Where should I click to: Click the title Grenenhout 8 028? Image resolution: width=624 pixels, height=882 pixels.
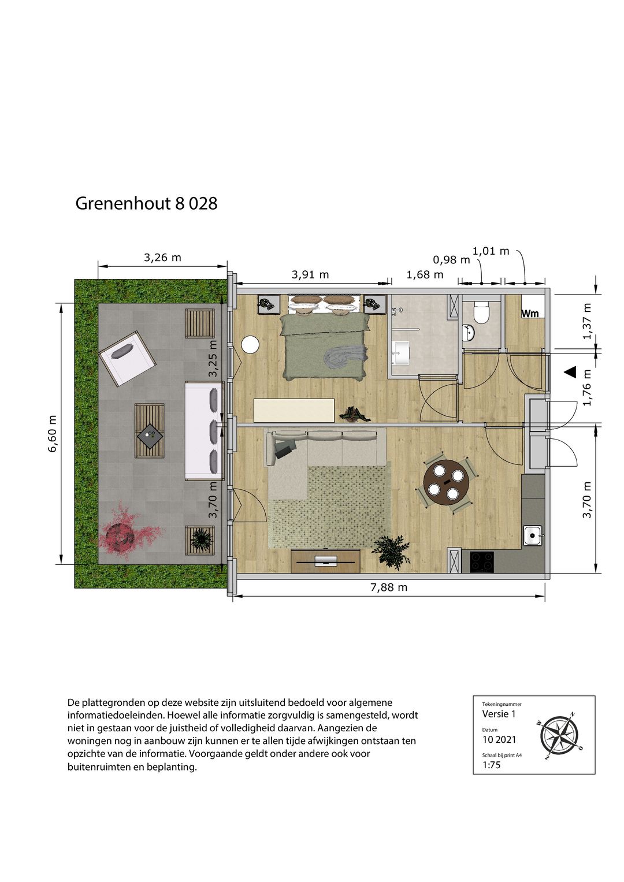[x=146, y=203]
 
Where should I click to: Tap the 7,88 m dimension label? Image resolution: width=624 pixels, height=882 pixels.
[x=388, y=587]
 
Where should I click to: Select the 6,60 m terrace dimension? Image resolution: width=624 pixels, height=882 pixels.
[x=53, y=433]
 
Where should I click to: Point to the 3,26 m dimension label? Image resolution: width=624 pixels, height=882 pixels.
[x=162, y=258]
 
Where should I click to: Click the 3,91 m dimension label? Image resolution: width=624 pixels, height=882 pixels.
[x=310, y=275]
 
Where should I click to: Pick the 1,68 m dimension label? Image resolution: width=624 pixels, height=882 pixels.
[x=425, y=275]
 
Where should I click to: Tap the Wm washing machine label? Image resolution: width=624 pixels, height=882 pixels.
[x=530, y=314]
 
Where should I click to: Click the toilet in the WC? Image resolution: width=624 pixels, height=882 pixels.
[x=481, y=312]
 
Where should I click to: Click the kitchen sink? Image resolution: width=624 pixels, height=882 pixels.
[x=532, y=535]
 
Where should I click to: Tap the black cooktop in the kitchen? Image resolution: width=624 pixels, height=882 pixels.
[x=481, y=560]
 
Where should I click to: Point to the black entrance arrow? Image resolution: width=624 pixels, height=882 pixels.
[x=570, y=373]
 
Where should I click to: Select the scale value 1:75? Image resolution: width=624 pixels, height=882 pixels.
[x=491, y=765]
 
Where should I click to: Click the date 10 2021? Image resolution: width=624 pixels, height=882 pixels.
[x=499, y=739]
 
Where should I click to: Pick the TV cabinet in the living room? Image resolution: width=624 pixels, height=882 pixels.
[x=325, y=560]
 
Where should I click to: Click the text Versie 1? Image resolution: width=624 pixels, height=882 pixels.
[x=499, y=714]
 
